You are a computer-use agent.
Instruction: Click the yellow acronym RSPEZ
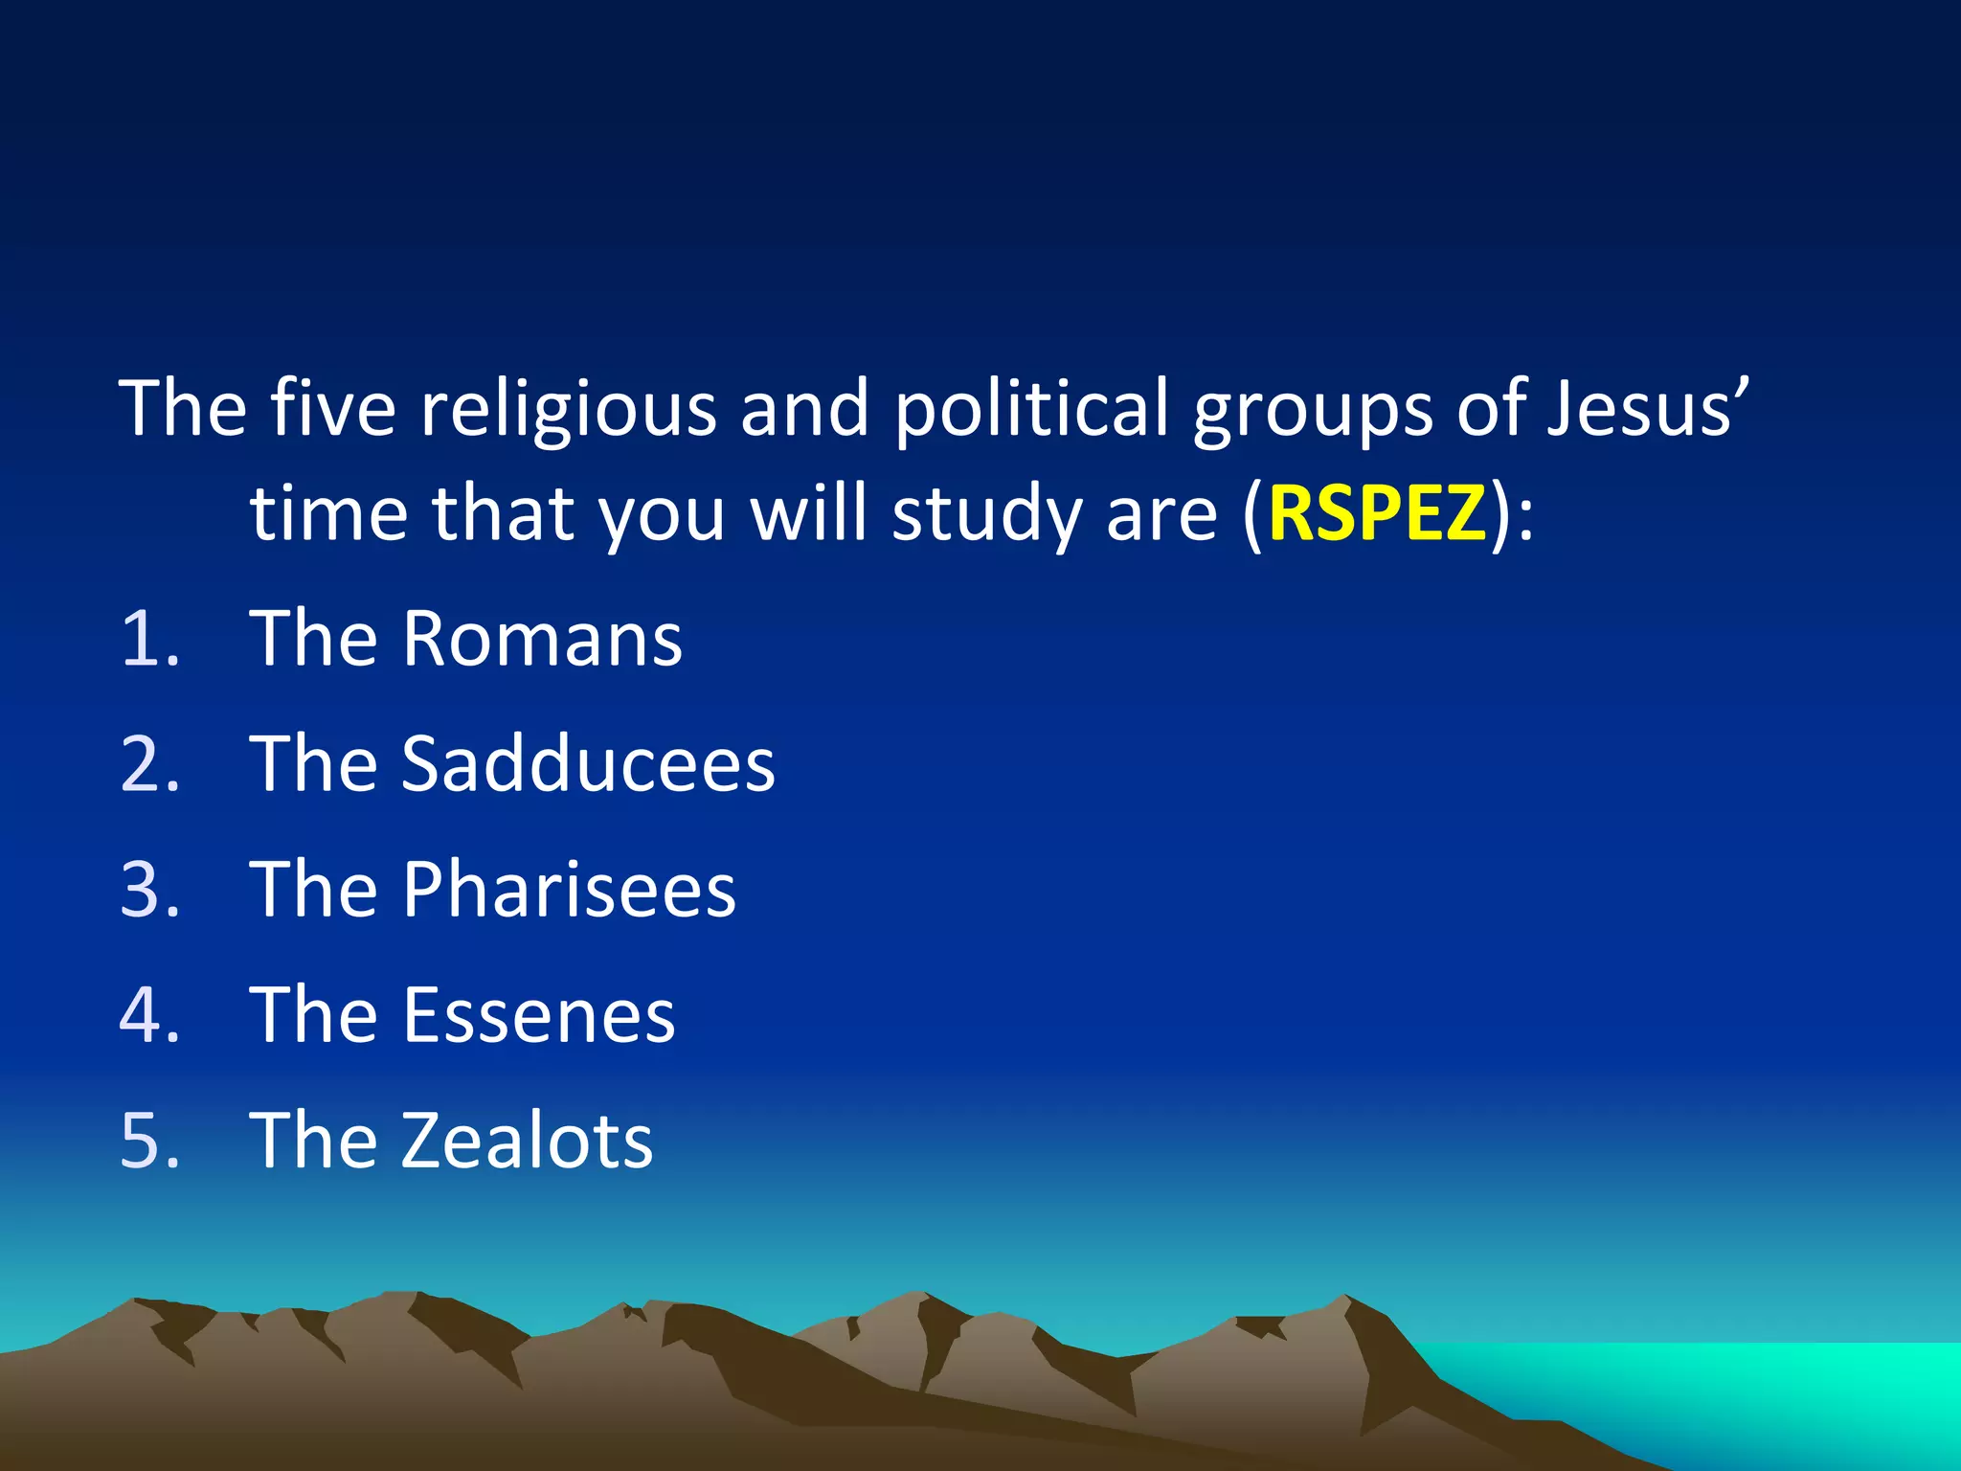(x=1377, y=513)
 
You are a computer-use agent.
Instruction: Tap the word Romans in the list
(x=542, y=638)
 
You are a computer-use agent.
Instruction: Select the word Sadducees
(x=588, y=763)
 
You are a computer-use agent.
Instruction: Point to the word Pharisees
(x=569, y=890)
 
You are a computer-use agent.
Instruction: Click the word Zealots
(x=527, y=1141)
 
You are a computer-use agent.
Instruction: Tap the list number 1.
(x=149, y=639)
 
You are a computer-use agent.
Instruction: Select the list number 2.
(x=149, y=764)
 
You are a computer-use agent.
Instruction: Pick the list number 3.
(x=149, y=890)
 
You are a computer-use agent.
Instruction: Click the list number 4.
(x=149, y=1015)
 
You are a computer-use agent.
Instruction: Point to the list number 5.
(x=149, y=1141)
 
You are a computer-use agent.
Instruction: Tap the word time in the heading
(x=329, y=513)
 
